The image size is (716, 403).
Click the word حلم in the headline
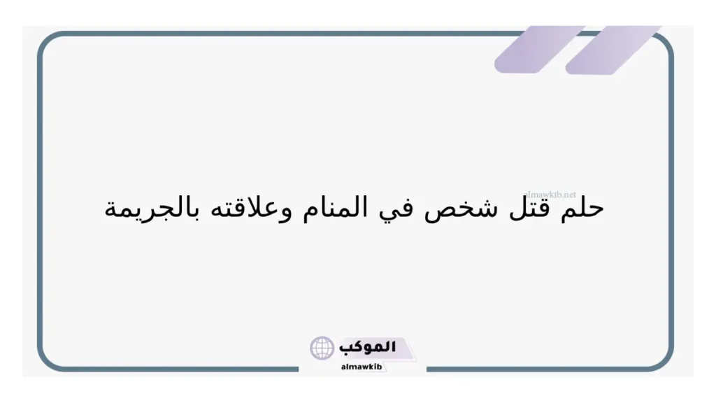click(582, 208)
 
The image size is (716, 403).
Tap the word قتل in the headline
click(536, 208)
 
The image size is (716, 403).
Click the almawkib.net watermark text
click(550, 195)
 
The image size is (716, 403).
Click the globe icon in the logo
click(322, 348)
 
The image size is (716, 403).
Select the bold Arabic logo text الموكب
click(367, 346)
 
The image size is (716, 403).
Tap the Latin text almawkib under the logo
click(360, 366)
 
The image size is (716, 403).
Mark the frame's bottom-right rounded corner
click(664, 360)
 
